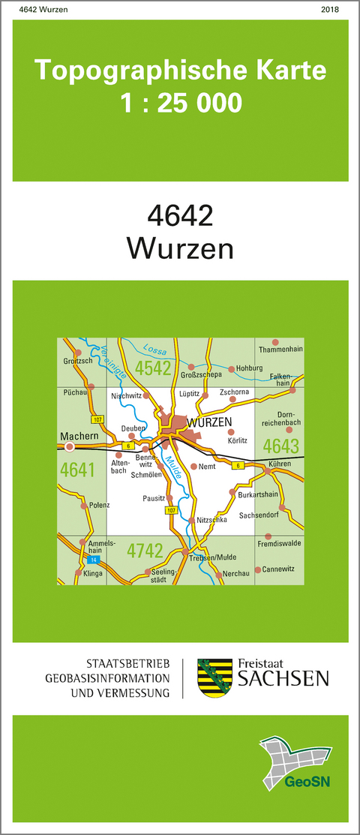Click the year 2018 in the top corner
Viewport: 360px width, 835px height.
[x=329, y=9]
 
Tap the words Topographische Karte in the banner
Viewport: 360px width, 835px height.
[x=181, y=71]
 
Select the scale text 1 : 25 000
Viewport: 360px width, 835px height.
[x=181, y=103]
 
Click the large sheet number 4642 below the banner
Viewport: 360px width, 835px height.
[x=180, y=217]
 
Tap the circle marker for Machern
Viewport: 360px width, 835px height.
[x=70, y=446]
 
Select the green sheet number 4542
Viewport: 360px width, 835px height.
[x=154, y=368]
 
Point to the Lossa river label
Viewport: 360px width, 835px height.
[x=157, y=350]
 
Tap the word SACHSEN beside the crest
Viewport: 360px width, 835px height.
[x=283, y=679]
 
